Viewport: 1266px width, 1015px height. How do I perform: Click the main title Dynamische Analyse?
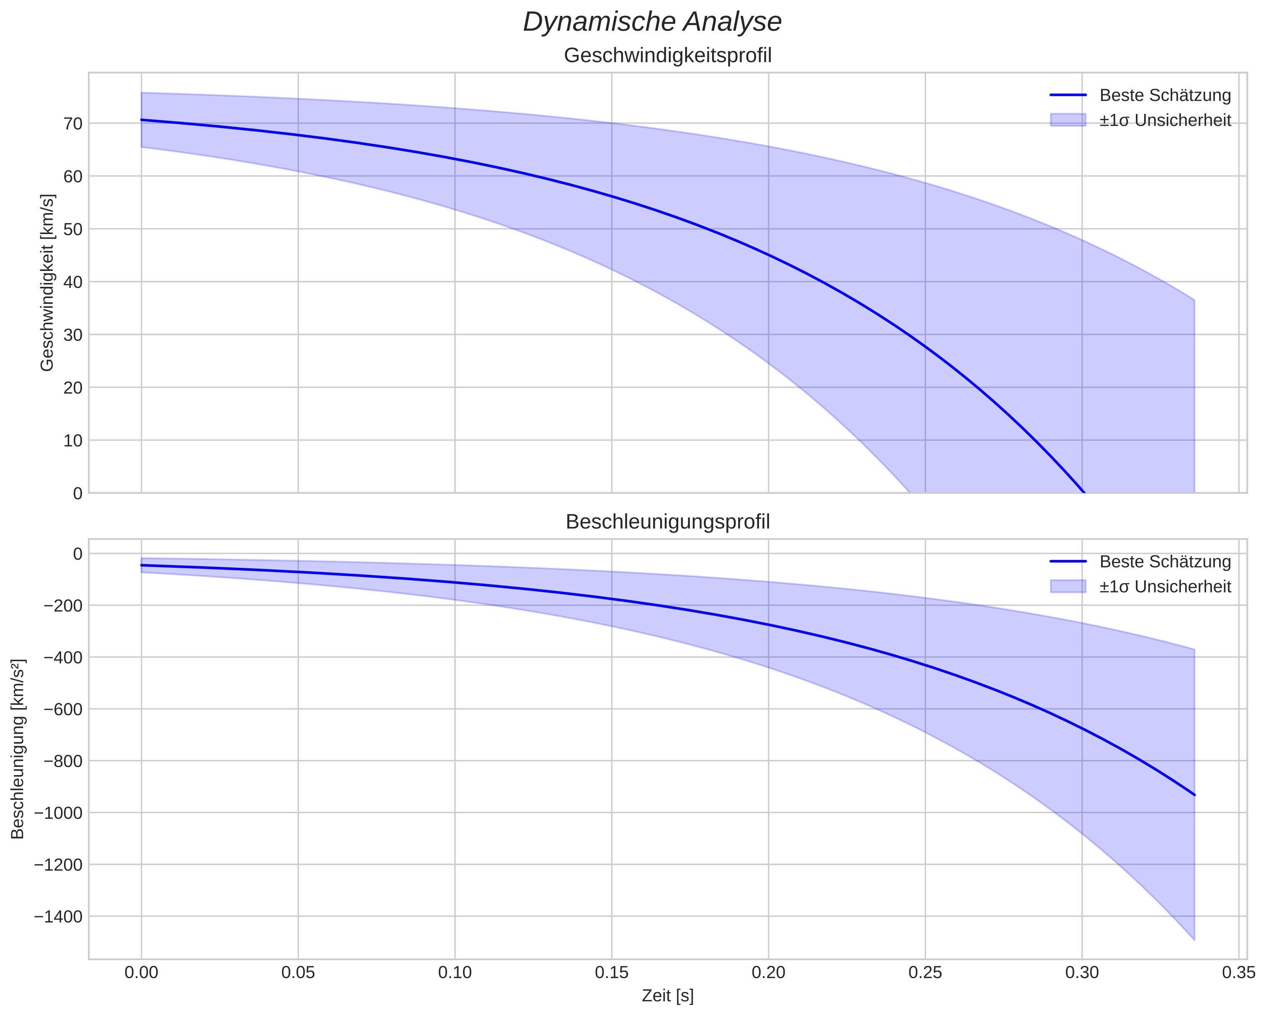652,22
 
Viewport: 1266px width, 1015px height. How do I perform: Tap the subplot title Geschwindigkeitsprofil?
668,56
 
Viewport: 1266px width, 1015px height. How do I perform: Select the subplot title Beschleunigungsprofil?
668,522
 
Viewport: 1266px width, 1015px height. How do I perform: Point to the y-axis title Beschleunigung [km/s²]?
18,749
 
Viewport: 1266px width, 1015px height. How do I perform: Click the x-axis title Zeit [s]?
668,996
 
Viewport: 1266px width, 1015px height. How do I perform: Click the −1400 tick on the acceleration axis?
59,916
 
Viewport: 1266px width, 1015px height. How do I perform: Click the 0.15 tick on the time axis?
612,973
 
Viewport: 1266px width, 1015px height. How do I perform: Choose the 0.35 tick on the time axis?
1239,973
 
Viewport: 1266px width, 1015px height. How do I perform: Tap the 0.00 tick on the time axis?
142,973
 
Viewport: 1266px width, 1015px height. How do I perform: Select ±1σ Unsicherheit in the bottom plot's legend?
1165,587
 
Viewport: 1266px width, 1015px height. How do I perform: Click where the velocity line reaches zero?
1084,492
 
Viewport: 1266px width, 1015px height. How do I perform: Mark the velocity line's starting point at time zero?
142,120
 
